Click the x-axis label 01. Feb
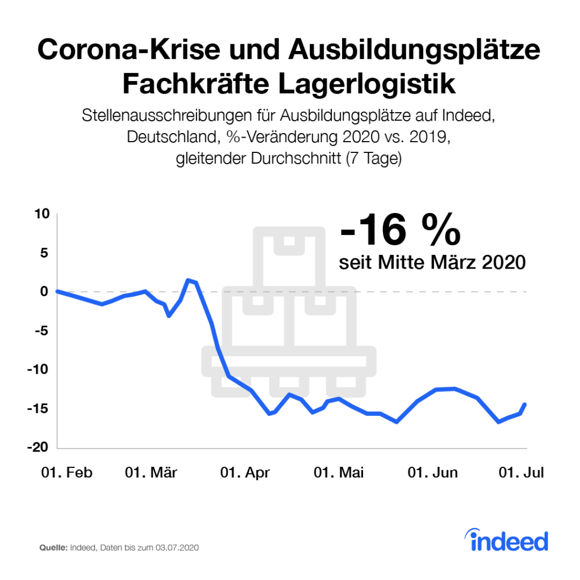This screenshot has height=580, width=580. point(67,473)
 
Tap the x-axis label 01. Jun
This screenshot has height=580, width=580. point(433,473)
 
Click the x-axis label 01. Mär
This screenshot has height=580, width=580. point(151,473)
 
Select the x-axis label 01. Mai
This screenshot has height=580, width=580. point(339,473)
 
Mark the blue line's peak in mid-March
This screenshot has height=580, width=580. point(189,280)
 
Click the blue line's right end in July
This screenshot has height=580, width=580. point(526,404)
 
